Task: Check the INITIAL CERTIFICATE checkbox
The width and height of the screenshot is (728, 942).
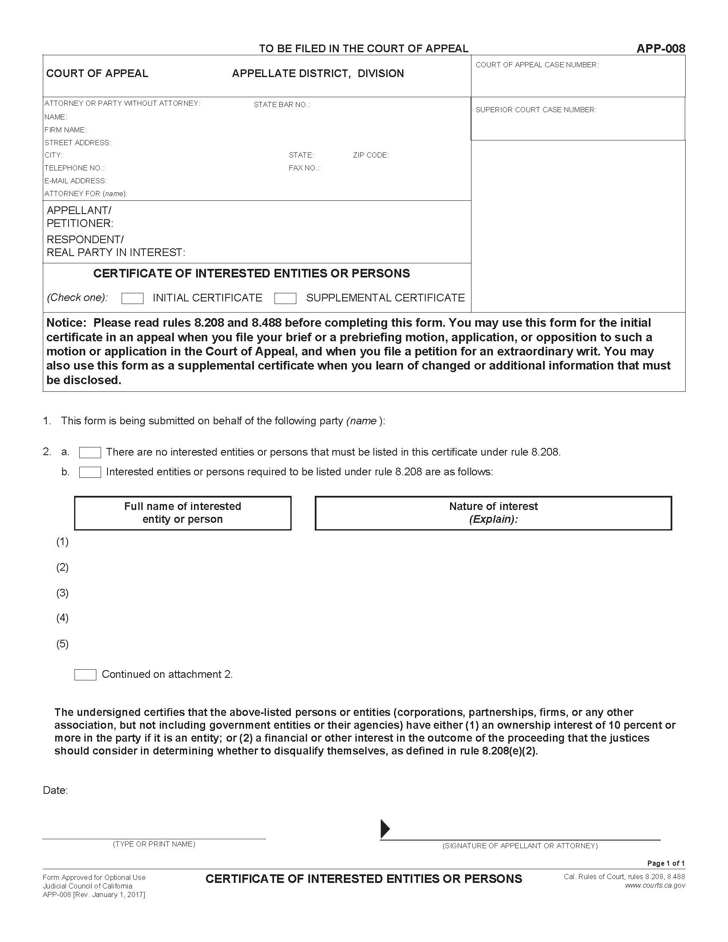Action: [132, 298]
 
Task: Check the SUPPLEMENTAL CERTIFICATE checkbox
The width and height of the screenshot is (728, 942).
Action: [285, 298]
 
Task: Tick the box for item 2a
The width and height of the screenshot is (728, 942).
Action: [90, 453]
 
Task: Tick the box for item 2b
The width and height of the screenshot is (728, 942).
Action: [90, 472]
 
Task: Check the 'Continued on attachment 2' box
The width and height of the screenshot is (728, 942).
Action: [85, 674]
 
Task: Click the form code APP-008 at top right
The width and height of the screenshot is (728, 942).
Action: [660, 49]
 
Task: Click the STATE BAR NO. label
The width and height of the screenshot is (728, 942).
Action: [282, 105]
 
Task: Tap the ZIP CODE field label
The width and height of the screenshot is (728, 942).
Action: [370, 155]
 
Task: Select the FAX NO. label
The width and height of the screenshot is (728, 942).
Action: [304, 168]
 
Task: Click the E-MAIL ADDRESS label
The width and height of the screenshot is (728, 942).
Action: [75, 181]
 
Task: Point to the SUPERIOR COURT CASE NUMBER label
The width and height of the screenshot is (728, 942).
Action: [536, 110]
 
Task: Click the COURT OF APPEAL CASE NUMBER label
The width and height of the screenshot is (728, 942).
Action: [537, 65]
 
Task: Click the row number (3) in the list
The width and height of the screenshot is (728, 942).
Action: [63, 593]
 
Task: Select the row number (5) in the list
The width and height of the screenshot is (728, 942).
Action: [63, 644]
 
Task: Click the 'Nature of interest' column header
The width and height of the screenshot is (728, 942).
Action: [493, 507]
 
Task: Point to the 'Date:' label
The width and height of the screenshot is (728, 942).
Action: [55, 790]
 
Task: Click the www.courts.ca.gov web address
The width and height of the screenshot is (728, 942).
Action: [655, 885]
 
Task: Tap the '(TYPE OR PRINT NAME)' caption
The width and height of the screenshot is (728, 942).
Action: [154, 844]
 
